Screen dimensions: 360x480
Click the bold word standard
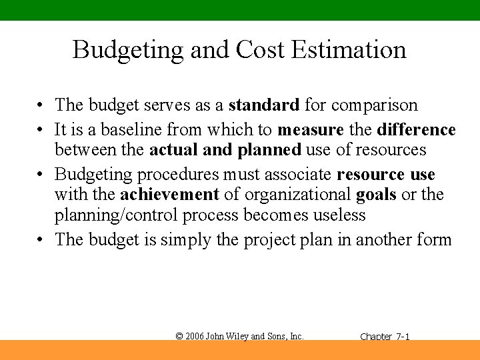click(264, 105)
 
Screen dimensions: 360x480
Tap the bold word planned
click(269, 150)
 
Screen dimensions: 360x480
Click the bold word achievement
click(169, 195)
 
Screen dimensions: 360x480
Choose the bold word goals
click(377, 195)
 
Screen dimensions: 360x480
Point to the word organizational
click(298, 195)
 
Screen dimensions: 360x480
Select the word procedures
click(177, 175)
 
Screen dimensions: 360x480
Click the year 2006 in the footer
click(195, 336)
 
